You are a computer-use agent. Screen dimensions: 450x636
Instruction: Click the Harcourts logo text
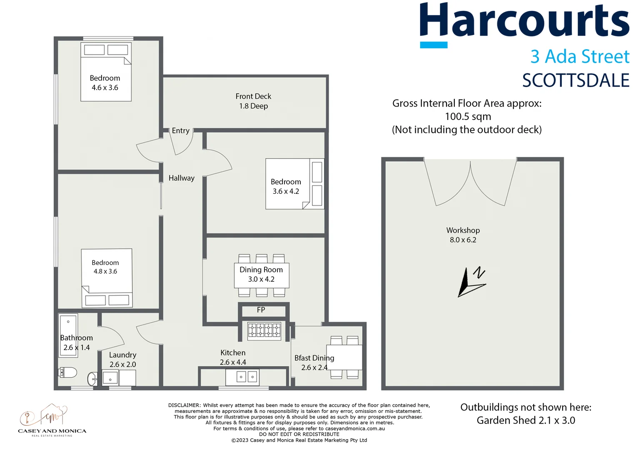pyautogui.click(x=524, y=21)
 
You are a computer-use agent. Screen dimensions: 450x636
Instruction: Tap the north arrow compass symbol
pyautogui.click(x=472, y=282)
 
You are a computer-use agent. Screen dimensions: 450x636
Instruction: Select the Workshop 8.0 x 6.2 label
pyautogui.click(x=463, y=235)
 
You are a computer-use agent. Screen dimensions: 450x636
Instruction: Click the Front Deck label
pyautogui.click(x=253, y=101)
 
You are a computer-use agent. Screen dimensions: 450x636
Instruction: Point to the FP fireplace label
pyautogui.click(x=261, y=310)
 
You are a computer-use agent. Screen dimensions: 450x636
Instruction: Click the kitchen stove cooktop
pyautogui.click(x=264, y=331)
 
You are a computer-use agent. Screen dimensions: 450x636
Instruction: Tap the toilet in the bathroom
pyautogui.click(x=68, y=372)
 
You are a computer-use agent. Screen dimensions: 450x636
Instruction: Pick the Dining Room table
pyautogui.click(x=261, y=275)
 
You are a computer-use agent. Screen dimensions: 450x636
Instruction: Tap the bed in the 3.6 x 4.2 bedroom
pyautogui.click(x=295, y=184)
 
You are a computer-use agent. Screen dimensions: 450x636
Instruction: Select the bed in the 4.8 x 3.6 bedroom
pyautogui.click(x=107, y=278)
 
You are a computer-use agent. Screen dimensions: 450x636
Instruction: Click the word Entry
pyautogui.click(x=180, y=131)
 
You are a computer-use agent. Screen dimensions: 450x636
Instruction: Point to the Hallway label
pyautogui.click(x=181, y=178)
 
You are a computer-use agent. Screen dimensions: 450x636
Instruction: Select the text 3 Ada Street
pyautogui.click(x=579, y=57)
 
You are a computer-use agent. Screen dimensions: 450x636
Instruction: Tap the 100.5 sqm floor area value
pyautogui.click(x=468, y=117)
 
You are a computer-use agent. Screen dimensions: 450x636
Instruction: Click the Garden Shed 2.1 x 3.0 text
pyautogui.click(x=526, y=420)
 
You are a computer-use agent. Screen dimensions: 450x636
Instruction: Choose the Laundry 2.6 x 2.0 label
pyautogui.click(x=122, y=360)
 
